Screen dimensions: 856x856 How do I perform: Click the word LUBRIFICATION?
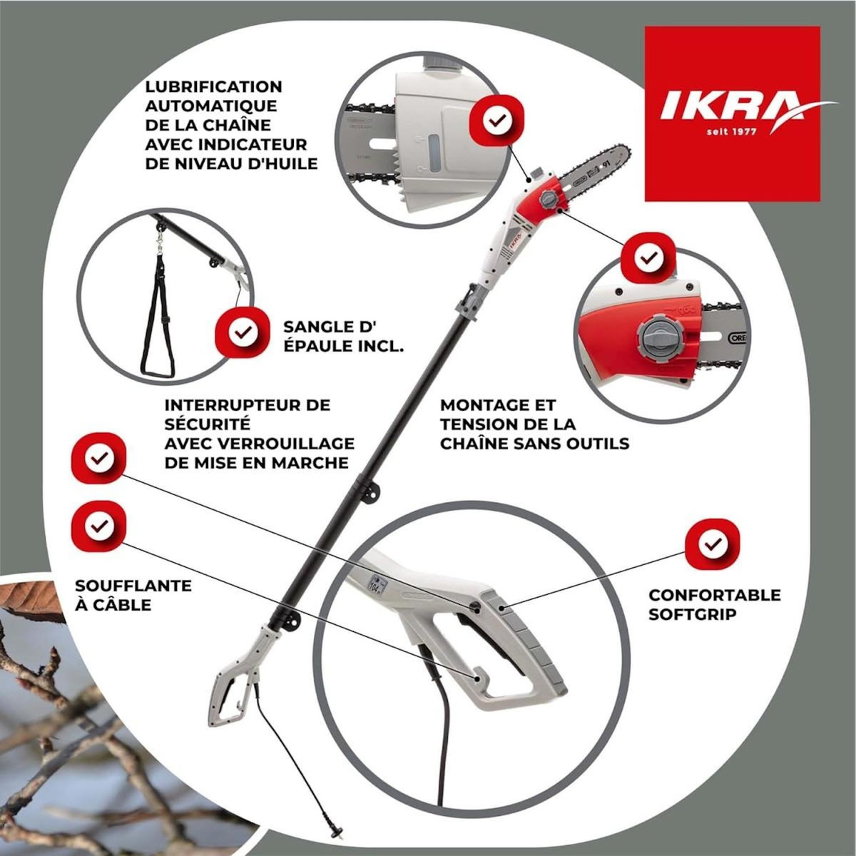click(213, 87)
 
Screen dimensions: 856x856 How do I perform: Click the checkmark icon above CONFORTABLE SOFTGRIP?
click(711, 546)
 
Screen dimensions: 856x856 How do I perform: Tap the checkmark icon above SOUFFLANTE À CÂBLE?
click(98, 526)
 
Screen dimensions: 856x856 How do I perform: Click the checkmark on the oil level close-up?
click(494, 121)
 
